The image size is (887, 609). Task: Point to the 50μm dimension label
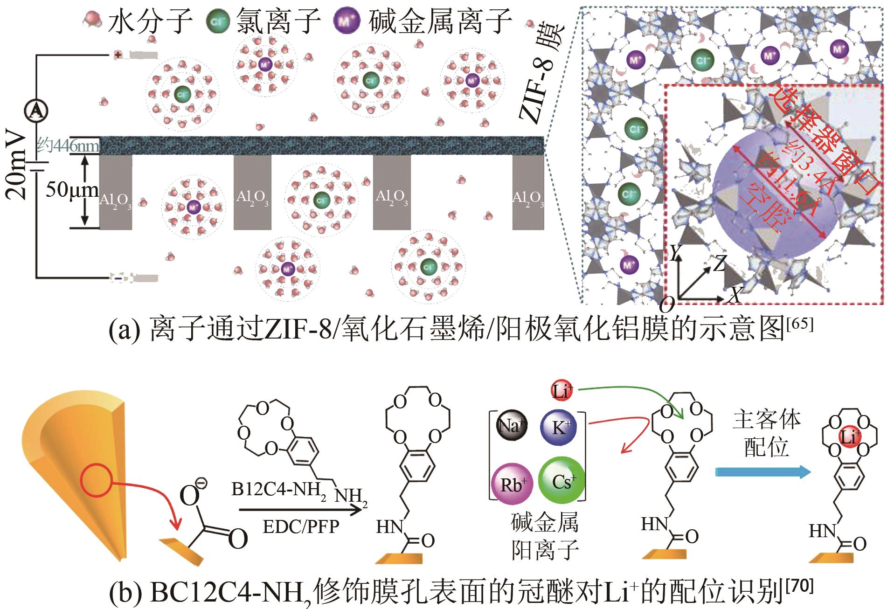click(x=71, y=190)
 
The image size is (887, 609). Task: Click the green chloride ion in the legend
click(x=217, y=22)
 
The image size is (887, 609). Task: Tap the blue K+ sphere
click(x=558, y=428)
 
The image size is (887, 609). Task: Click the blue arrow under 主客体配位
click(x=763, y=472)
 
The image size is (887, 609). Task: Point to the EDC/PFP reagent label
click(x=301, y=526)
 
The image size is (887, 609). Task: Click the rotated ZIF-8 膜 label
click(x=541, y=75)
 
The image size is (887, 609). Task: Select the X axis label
click(x=734, y=294)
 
